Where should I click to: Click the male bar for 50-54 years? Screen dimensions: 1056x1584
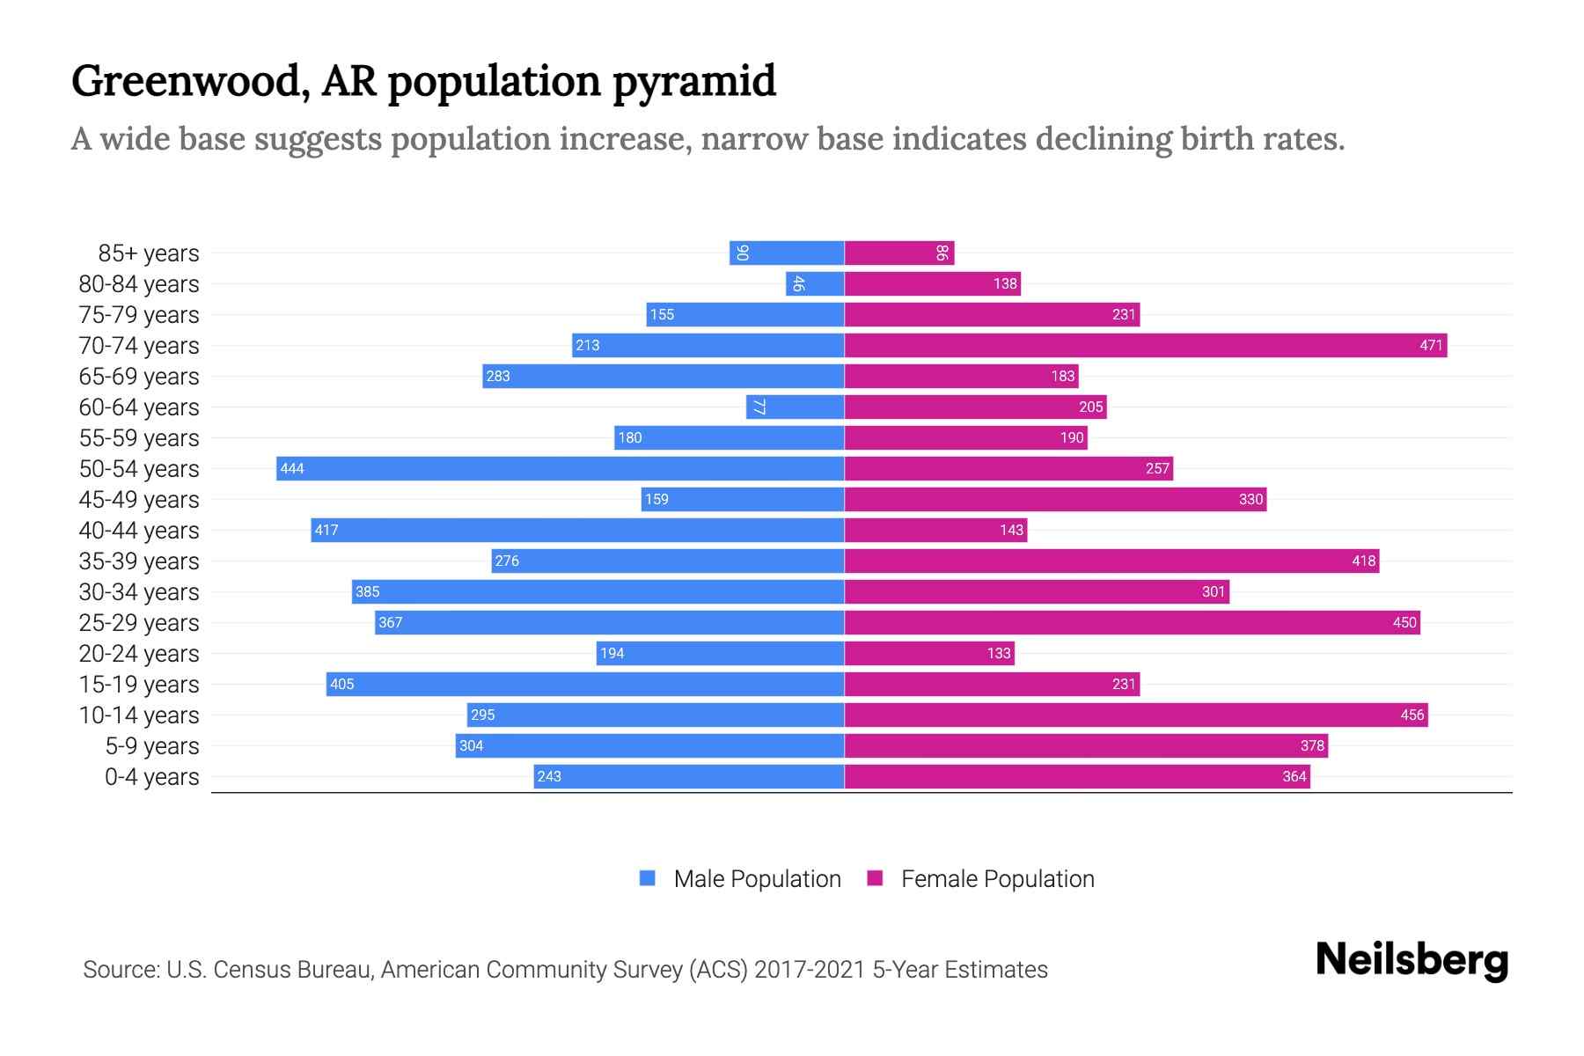point(560,468)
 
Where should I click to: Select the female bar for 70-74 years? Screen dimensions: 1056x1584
point(1146,345)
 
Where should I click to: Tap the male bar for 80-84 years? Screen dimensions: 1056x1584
point(815,283)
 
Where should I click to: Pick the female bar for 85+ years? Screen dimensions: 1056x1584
point(899,253)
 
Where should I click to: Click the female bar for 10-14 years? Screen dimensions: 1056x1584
point(1136,715)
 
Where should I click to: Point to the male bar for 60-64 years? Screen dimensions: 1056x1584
point(796,407)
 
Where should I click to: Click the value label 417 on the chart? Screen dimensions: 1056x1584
point(326,530)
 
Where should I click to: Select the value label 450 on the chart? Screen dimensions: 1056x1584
point(1404,622)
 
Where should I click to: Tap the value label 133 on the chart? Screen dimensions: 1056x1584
point(999,653)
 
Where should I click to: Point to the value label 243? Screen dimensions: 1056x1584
point(549,776)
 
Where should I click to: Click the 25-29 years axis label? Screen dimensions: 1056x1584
point(139,623)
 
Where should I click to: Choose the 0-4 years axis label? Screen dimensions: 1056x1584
point(151,777)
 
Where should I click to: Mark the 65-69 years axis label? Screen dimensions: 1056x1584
point(139,377)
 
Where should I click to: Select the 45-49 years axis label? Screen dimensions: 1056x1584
point(139,500)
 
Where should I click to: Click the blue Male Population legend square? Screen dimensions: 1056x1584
point(648,878)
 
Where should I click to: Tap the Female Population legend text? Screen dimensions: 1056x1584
point(997,878)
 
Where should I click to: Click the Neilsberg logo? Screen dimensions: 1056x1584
point(1412,960)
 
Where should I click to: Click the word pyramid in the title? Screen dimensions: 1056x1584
point(694,82)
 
